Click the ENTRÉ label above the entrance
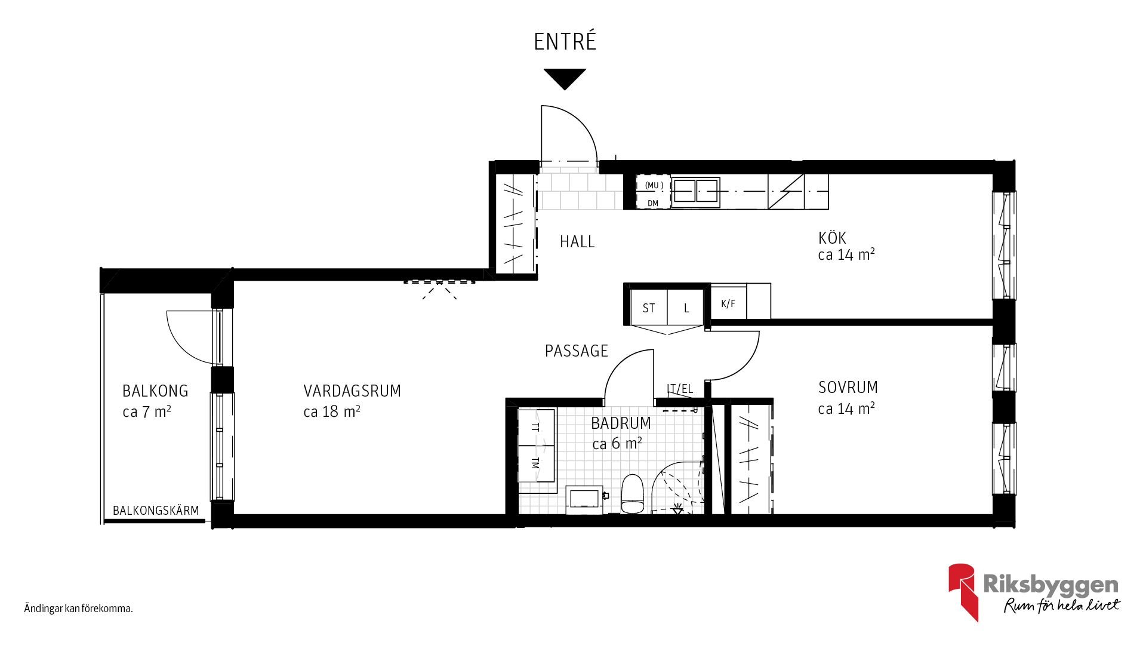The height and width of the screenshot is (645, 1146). pos(565,41)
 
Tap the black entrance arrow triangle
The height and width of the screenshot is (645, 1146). pos(565,78)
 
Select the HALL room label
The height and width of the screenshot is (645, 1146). pos(577,242)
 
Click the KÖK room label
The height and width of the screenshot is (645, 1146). pos(832,238)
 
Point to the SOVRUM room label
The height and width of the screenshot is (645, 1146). pos(848,388)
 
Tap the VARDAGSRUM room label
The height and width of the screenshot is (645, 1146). pos(352,391)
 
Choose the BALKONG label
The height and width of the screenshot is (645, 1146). pos(155,391)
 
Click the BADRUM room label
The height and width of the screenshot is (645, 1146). pos(621,423)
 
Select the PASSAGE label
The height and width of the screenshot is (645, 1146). pos(576,351)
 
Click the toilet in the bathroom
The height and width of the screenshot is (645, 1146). pos(633,493)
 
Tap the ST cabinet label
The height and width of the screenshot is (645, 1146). pos(649,308)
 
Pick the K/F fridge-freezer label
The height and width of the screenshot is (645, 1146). pos(728,303)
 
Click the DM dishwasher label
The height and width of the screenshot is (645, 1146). pos(653,204)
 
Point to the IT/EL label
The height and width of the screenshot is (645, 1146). pos(680,389)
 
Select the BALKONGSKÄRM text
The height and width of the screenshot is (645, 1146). pos(156,511)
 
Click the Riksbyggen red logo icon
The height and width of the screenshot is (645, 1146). pos(963,591)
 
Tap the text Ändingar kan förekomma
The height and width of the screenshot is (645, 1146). pos(78,609)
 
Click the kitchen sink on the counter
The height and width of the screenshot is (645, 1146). pos(696,192)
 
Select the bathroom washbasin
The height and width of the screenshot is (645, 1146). pos(584,499)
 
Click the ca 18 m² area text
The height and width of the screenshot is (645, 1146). pos(332,411)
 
